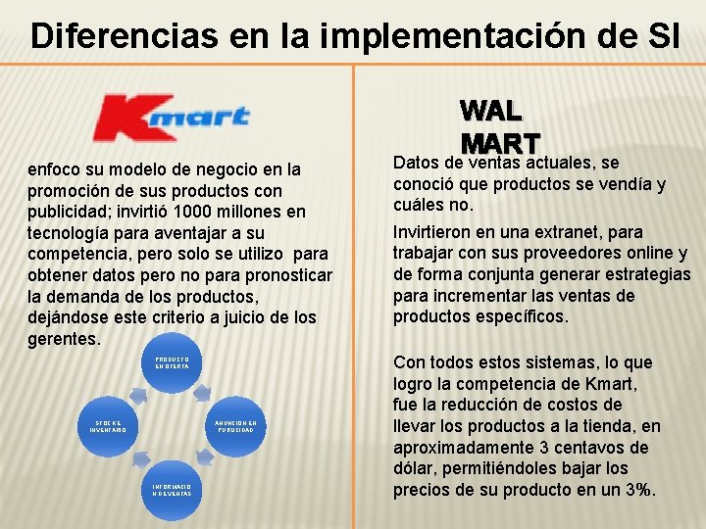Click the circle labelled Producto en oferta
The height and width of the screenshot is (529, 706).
(x=173, y=365)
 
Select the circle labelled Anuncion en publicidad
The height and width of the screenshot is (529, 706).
(x=234, y=426)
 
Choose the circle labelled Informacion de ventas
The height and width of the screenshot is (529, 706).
(x=173, y=488)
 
